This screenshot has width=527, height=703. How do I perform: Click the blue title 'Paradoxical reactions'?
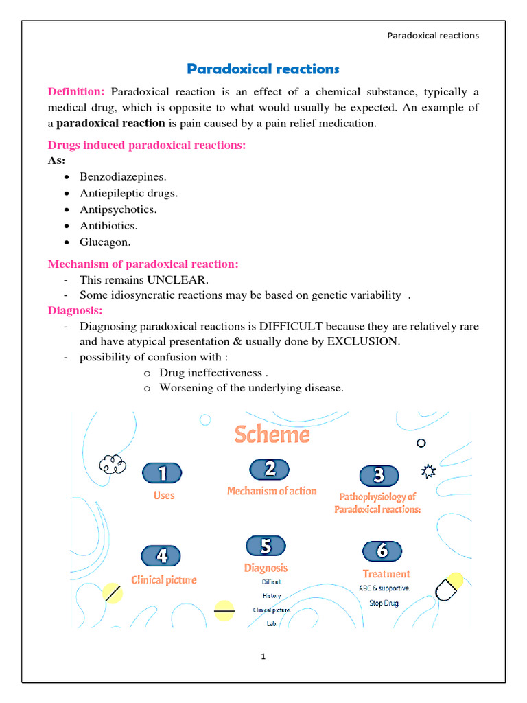tap(263, 69)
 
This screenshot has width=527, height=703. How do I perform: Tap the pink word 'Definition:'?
tap(76, 92)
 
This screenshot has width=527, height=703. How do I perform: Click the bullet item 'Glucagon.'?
tap(105, 242)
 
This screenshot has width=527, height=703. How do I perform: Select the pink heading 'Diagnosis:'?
tap(75, 310)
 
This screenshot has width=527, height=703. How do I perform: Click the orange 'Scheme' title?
tap(272, 434)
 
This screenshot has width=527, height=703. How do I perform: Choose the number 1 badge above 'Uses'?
tap(162, 473)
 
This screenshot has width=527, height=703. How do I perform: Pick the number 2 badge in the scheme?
tap(270, 469)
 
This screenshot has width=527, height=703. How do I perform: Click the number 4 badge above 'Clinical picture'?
tap(161, 555)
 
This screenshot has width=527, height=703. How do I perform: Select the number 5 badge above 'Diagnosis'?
tap(266, 546)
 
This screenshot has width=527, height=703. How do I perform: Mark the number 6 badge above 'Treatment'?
tap(382, 551)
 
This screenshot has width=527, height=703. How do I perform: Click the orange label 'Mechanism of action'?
tap(272, 491)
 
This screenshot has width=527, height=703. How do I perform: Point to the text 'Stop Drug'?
tap(384, 603)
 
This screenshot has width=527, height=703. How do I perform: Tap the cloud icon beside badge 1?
tap(113, 465)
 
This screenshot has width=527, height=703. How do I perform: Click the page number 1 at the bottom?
tap(263, 656)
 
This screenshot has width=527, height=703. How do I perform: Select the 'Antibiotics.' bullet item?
tap(108, 225)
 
